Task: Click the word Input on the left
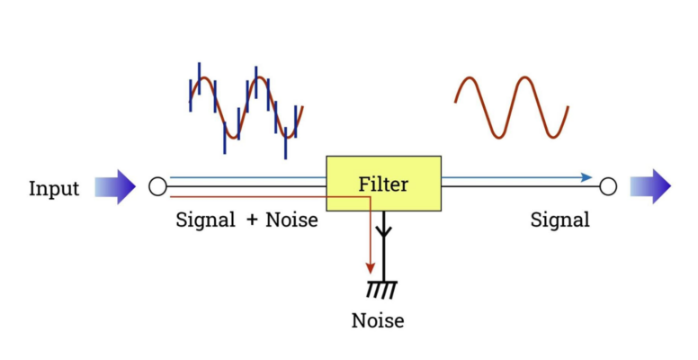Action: [x=54, y=188]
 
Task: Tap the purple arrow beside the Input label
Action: [x=115, y=187]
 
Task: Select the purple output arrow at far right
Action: [x=650, y=186]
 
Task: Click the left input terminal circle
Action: [x=157, y=187]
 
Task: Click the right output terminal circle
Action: [x=608, y=186]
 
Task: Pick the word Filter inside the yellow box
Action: [x=383, y=184]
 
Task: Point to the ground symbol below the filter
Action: [x=382, y=289]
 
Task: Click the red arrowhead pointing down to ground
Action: [x=370, y=267]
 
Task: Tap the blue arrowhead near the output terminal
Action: [x=586, y=177]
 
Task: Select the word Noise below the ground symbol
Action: [x=378, y=320]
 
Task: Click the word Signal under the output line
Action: [x=560, y=220]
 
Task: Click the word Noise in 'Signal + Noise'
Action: [x=292, y=220]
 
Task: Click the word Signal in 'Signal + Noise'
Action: [x=206, y=220]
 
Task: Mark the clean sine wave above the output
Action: [x=511, y=106]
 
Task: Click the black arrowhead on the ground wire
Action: [x=383, y=231]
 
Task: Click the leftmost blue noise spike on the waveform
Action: [x=191, y=95]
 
